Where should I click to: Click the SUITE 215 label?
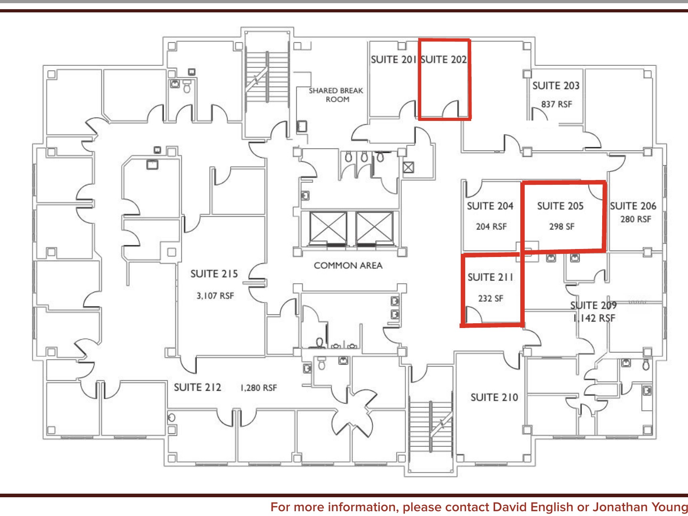(214, 274)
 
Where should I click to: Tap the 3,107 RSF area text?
(215, 296)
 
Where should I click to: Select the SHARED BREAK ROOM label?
(336, 95)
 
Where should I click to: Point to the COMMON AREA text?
(348, 265)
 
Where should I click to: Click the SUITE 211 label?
(490, 277)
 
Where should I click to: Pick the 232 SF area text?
(491, 298)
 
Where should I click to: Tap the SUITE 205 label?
(560, 206)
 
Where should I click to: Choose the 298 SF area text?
(561, 226)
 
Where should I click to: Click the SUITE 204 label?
(490, 206)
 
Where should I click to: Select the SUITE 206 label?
(633, 206)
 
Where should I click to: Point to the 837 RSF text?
(557, 104)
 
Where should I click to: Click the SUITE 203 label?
(556, 85)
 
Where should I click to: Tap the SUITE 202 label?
(444, 59)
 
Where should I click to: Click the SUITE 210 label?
(494, 397)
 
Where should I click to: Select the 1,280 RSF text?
(258, 387)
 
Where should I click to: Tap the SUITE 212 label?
(197, 387)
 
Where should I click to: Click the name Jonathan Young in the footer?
(640, 507)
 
